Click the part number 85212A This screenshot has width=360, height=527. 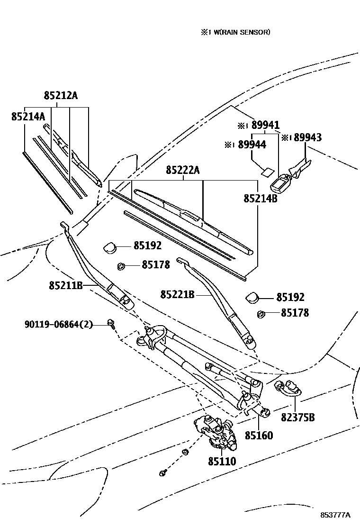point(61,96)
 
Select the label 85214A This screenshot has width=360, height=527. point(28,116)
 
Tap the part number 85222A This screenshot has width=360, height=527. point(183,170)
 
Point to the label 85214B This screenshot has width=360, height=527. point(261,198)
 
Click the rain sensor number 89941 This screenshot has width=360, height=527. point(265,126)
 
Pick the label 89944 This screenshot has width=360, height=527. point(252,145)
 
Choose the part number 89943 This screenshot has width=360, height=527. point(307,137)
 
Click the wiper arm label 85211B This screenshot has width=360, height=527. point(65,285)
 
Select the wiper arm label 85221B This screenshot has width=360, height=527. point(177,295)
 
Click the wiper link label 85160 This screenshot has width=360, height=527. point(259,435)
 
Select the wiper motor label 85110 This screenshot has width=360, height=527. point(222,461)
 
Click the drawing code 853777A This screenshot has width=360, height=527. point(335,515)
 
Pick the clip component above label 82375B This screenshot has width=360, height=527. point(287,387)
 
